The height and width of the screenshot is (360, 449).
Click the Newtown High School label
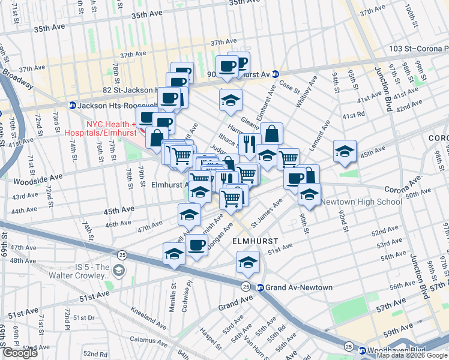[x=361, y=202]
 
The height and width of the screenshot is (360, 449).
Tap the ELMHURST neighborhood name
[x=249, y=240]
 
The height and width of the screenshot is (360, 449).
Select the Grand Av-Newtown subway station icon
[x=260, y=287]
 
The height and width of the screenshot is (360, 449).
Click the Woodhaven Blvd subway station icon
[x=362, y=350]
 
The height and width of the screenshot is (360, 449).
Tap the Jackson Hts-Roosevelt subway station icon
[x=72, y=105]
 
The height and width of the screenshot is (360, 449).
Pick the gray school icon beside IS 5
[x=119, y=271]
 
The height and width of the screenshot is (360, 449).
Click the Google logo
[x=20, y=353]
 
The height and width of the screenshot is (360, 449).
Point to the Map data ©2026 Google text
[x=412, y=355]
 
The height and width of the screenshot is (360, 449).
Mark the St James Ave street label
[x=267, y=214]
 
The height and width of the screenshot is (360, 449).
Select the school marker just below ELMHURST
[x=248, y=262]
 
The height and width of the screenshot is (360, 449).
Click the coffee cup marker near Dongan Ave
[x=196, y=244]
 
